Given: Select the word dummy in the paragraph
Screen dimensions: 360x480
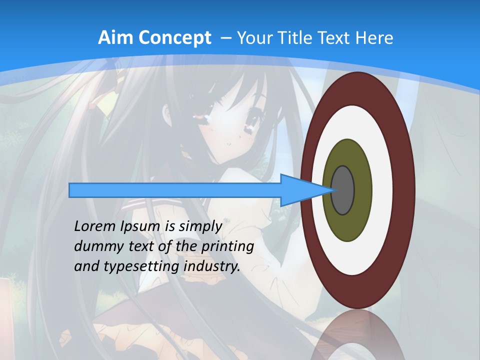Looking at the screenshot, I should point(95,246).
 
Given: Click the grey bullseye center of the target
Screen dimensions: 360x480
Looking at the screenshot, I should point(343,190).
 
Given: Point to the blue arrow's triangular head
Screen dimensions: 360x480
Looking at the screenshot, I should point(300,190).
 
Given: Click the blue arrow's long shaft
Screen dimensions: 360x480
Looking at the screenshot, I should point(175,190).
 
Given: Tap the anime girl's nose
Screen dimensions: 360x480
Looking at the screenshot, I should point(228,144).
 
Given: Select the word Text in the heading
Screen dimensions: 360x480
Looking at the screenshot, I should point(336,38).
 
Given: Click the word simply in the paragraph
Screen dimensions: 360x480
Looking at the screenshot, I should point(200,226).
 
